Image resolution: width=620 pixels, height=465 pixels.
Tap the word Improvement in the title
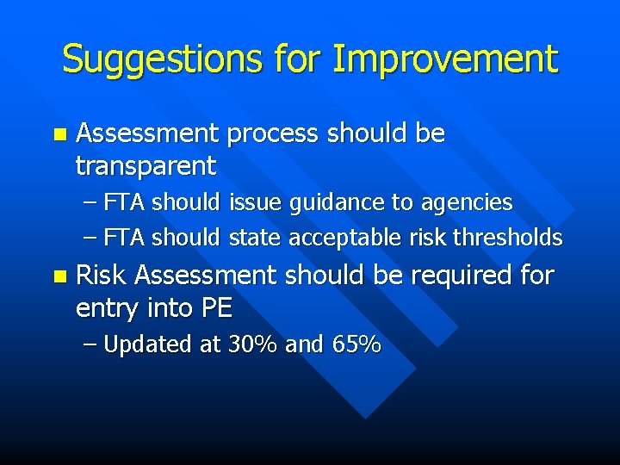(x=445, y=59)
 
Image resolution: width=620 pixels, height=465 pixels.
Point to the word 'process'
(x=276, y=134)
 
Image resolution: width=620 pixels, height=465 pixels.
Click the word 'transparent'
(x=146, y=164)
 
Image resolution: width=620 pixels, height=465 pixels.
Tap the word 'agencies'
(x=466, y=203)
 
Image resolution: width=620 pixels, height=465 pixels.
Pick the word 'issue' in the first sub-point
(x=256, y=203)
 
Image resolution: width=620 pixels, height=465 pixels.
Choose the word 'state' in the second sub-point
(x=255, y=238)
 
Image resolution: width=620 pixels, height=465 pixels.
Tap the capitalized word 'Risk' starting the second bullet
(x=102, y=276)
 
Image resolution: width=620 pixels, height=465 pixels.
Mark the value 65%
(x=356, y=344)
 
